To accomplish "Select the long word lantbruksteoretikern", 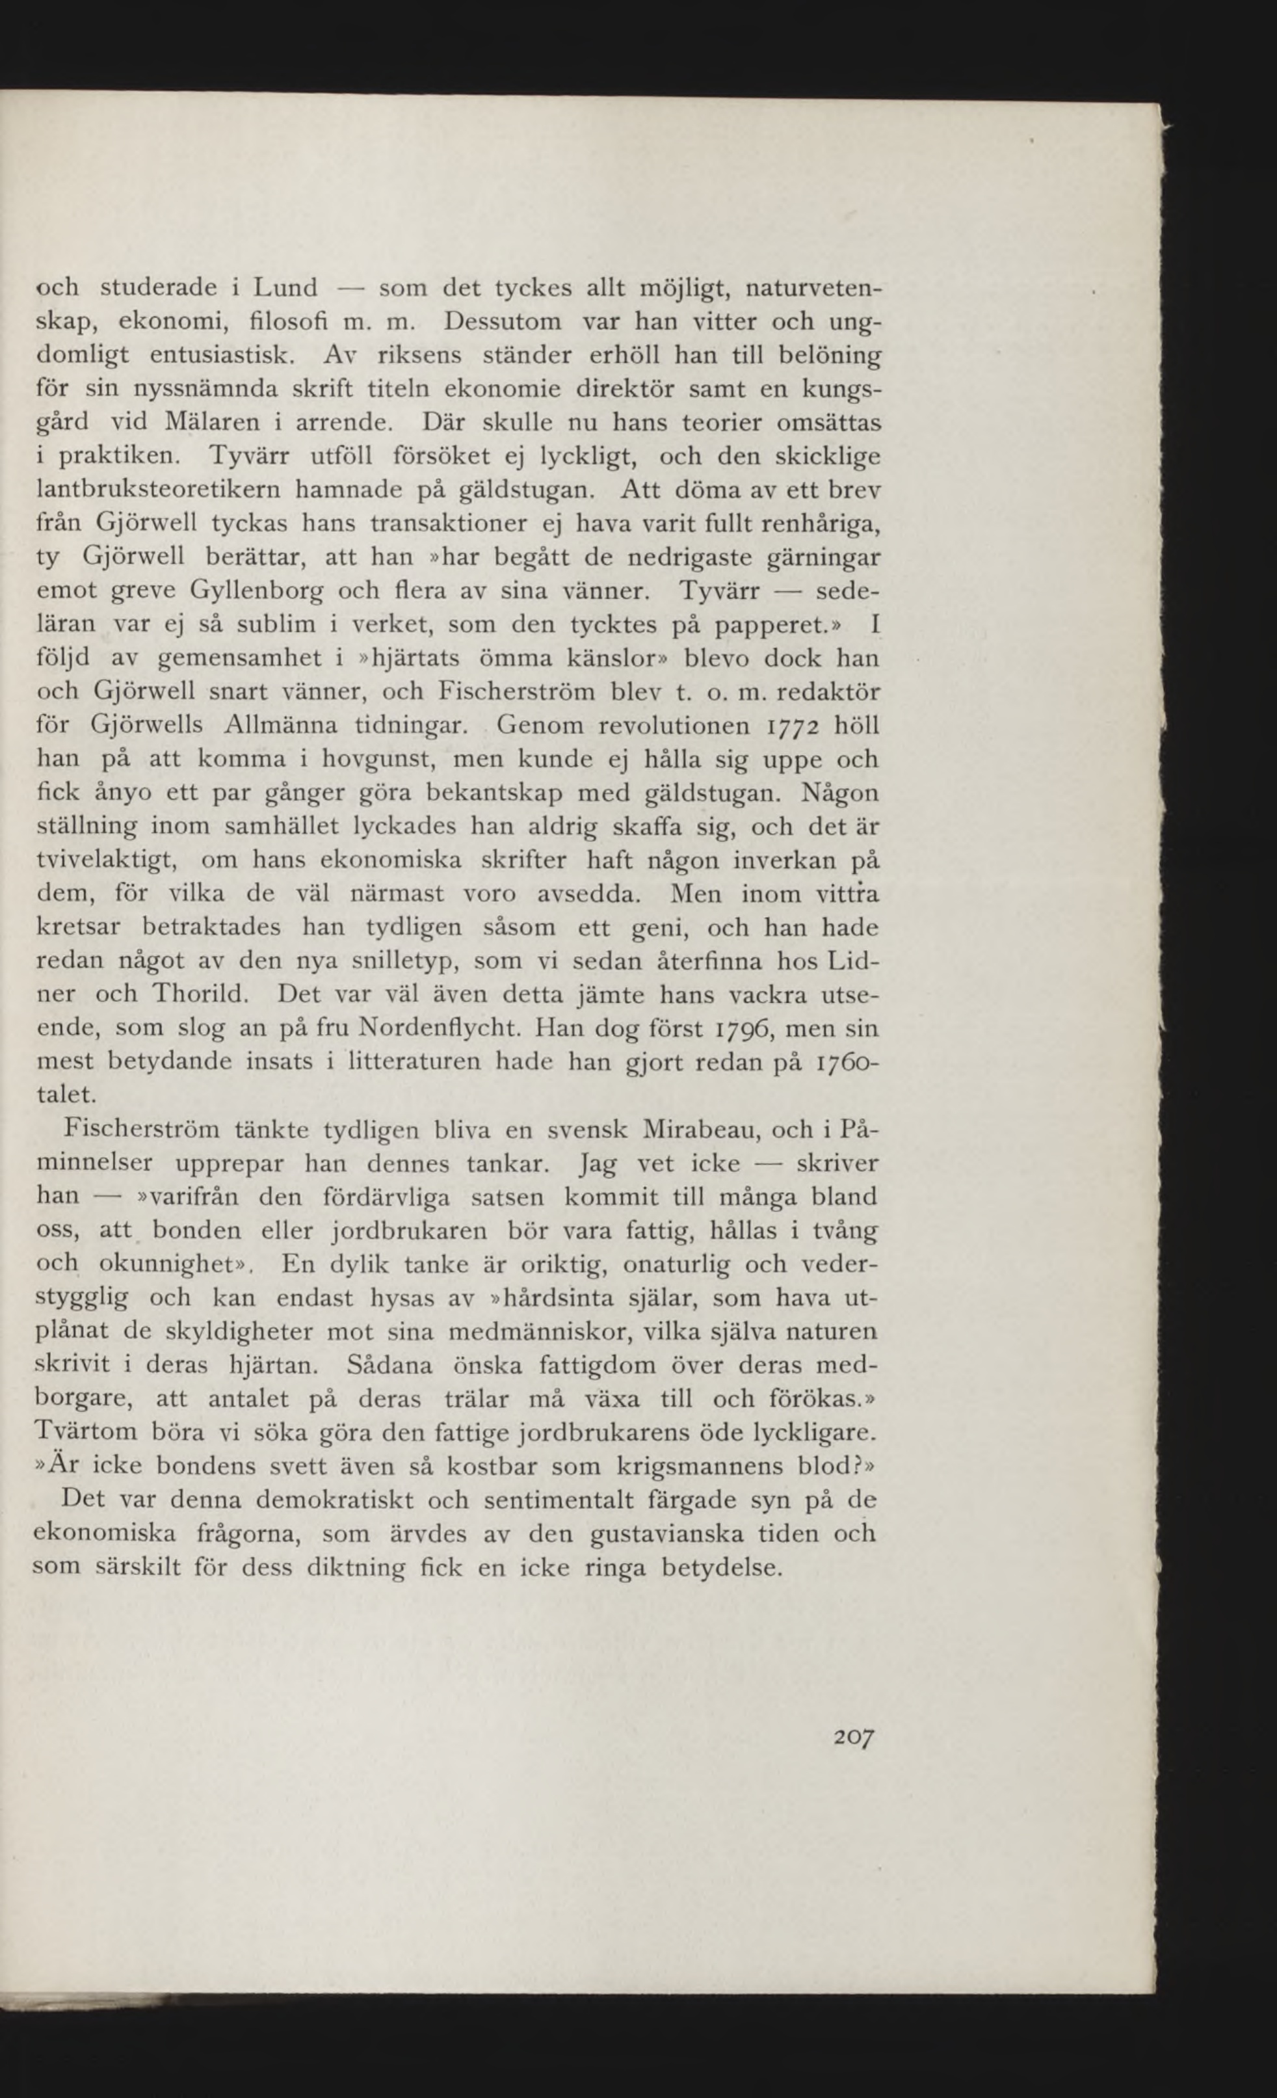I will [162, 490].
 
